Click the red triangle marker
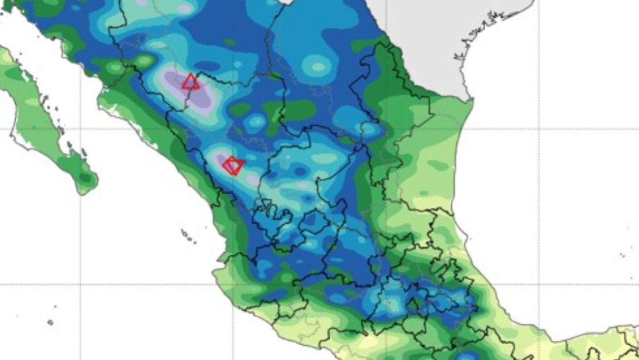[x=191, y=83]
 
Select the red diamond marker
[x=232, y=166]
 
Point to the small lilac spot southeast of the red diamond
[x=252, y=180]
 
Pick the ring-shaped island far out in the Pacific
[x=50, y=323]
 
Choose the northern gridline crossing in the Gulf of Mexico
[x=539, y=129]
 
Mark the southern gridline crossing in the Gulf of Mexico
[x=539, y=284]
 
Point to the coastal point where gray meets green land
[x=471, y=99]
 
